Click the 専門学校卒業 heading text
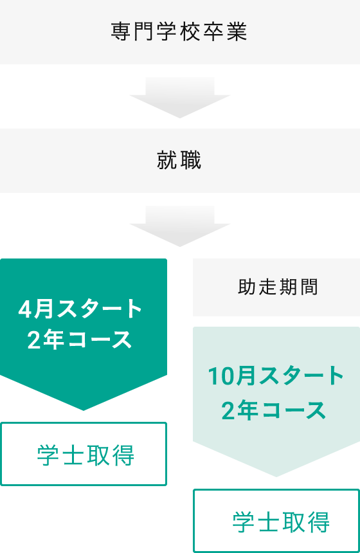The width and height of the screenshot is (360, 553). [x=179, y=32]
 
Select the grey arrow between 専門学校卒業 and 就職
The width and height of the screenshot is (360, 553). [x=180, y=97]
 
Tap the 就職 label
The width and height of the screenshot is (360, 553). [x=179, y=160]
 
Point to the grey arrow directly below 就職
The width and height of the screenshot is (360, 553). [x=180, y=226]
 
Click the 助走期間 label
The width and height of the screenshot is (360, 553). [x=278, y=287]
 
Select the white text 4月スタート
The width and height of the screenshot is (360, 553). [x=80, y=309]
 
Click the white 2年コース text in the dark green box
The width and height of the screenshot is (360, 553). [x=80, y=340]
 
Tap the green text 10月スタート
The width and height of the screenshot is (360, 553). [x=276, y=376]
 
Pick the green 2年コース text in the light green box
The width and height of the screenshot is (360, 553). [x=274, y=410]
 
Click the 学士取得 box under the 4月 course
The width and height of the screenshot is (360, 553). [x=84, y=454]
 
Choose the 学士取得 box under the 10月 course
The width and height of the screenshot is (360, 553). [x=276, y=521]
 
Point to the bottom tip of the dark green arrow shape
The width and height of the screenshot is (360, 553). [x=84, y=410]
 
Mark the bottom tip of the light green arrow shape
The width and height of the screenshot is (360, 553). [x=276, y=477]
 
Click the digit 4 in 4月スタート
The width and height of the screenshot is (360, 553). [x=25, y=309]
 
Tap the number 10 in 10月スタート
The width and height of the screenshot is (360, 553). [x=221, y=376]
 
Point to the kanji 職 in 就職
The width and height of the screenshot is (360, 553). [x=191, y=160]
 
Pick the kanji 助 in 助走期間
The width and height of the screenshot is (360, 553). [x=247, y=287]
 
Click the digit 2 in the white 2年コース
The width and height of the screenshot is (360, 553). [x=34, y=340]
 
